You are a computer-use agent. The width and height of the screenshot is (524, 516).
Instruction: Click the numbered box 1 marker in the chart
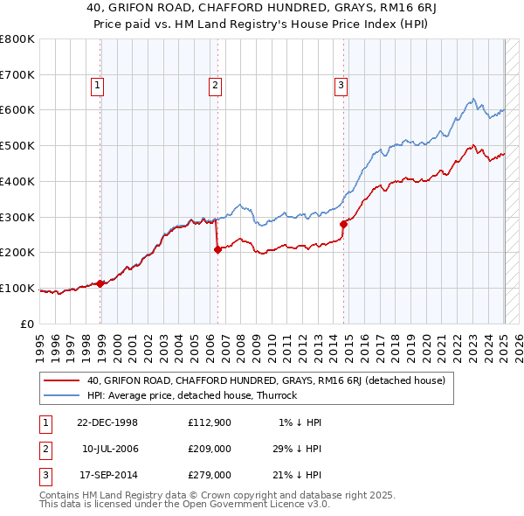[96, 85]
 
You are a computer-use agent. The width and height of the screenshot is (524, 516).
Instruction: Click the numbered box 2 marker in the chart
[215, 85]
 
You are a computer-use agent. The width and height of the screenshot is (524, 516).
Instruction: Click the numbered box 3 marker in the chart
[341, 85]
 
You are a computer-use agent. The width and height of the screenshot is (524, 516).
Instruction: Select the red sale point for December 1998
[100, 283]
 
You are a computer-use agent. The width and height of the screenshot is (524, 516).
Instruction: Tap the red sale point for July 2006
[218, 249]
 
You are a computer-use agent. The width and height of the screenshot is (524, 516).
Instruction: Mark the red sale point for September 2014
[344, 224]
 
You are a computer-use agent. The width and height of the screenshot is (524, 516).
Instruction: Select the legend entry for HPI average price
[191, 395]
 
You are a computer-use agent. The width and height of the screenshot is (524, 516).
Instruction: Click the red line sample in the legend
[62, 381]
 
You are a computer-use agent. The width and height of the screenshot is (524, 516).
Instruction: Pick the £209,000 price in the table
[210, 449]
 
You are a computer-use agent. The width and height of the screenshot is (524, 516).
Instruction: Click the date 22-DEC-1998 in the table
[107, 422]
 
